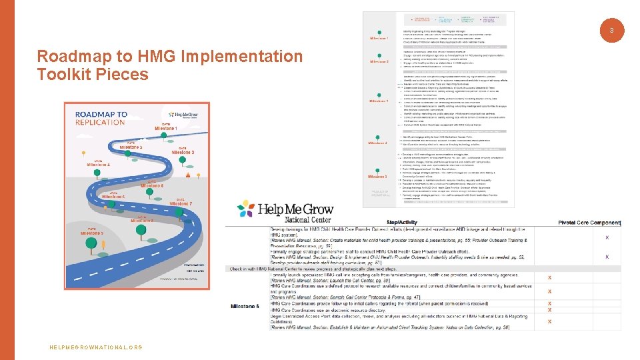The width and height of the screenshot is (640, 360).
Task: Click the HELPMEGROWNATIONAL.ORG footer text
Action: [96, 347]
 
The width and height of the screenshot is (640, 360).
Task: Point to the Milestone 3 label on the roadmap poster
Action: [183, 152]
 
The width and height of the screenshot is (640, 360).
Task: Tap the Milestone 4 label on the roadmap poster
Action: [99, 164]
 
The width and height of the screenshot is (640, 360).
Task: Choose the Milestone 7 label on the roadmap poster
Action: [181, 203]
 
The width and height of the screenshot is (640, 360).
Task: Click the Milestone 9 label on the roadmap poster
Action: [92, 233]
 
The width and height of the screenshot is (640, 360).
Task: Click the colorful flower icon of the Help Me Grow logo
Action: [245, 209]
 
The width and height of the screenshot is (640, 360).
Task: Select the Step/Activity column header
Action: [401, 222]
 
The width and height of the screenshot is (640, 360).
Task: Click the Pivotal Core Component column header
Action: [589, 222]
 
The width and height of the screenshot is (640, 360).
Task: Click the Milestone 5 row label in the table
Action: [245, 305]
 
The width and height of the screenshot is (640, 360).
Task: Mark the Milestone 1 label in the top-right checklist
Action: [379, 39]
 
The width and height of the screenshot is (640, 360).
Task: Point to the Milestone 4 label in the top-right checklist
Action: [378, 143]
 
